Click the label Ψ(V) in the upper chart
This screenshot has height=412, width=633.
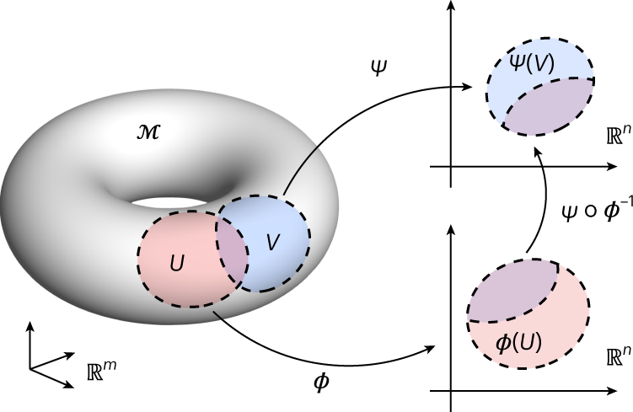point(532,62)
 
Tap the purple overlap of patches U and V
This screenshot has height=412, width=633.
point(231,248)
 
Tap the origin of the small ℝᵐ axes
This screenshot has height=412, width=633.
point(30,368)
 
